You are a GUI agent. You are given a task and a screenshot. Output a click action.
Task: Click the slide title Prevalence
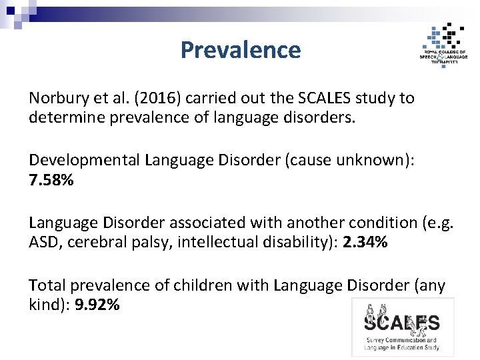(240, 50)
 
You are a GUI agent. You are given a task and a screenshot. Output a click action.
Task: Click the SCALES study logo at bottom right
(402, 327)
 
